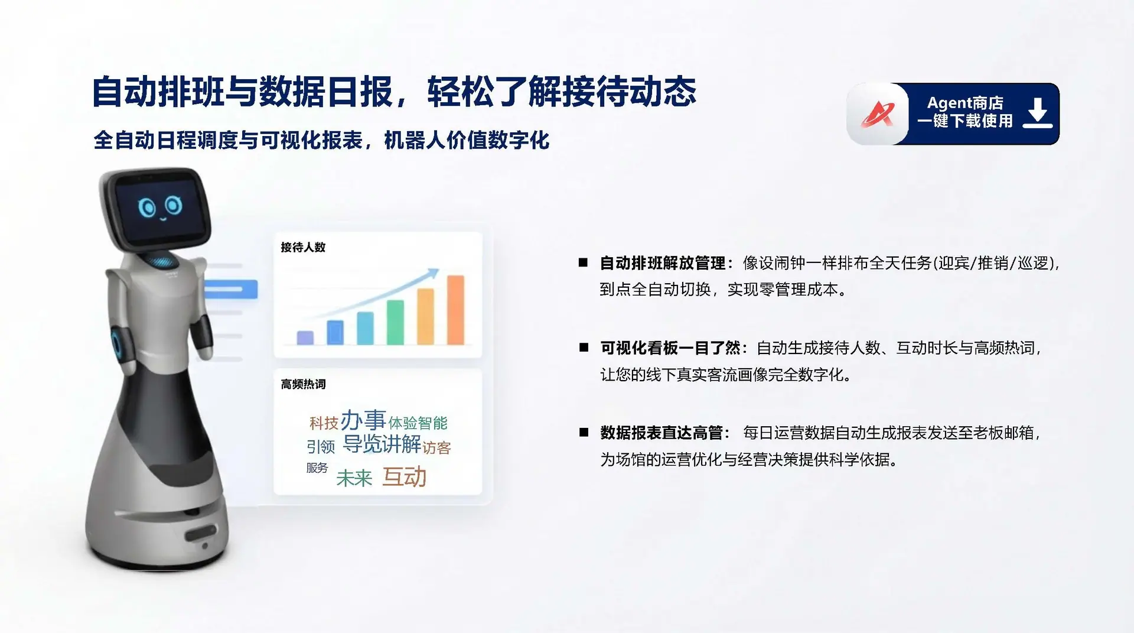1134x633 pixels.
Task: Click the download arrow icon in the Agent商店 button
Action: coord(1038,113)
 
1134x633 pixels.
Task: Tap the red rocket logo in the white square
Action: coord(877,114)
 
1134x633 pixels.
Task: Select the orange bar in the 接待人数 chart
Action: coord(455,310)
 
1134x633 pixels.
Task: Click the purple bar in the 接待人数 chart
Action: coord(305,337)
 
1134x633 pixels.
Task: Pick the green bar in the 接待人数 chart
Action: coord(395,322)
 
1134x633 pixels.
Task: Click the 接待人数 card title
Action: coord(303,247)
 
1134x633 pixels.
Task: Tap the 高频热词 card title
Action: coord(303,384)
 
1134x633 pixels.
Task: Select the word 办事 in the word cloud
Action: coord(363,420)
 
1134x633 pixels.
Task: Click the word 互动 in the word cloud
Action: coord(405,476)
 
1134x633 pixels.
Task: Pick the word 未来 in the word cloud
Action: coord(354,478)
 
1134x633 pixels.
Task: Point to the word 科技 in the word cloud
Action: coord(324,423)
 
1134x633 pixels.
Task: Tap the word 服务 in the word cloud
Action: coord(317,468)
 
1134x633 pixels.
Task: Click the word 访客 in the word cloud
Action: coord(436,448)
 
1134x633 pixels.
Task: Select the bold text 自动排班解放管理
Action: coord(663,263)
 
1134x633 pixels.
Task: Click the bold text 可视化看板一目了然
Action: coord(670,348)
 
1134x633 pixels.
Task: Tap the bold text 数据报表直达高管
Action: coord(662,433)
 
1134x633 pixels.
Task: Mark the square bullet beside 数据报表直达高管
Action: coord(584,433)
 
